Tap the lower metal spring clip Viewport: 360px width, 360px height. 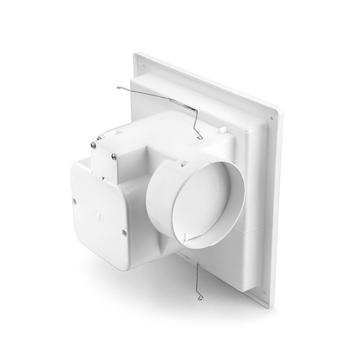[199, 278]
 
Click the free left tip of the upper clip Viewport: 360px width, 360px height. [118, 87]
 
